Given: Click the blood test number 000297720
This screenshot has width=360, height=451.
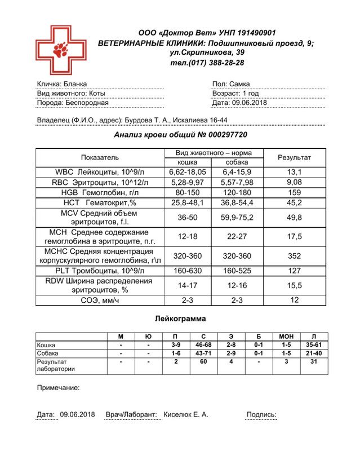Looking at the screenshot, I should point(220,135).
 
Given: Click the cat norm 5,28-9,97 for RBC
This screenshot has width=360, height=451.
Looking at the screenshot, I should point(188,182).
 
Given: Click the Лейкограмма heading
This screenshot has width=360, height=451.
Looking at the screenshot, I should point(180,319).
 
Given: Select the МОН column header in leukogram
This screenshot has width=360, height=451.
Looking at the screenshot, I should point(286,337).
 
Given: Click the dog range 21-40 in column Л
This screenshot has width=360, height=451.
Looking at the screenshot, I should point(314,353).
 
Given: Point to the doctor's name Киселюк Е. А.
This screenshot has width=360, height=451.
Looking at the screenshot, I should point(185,414).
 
